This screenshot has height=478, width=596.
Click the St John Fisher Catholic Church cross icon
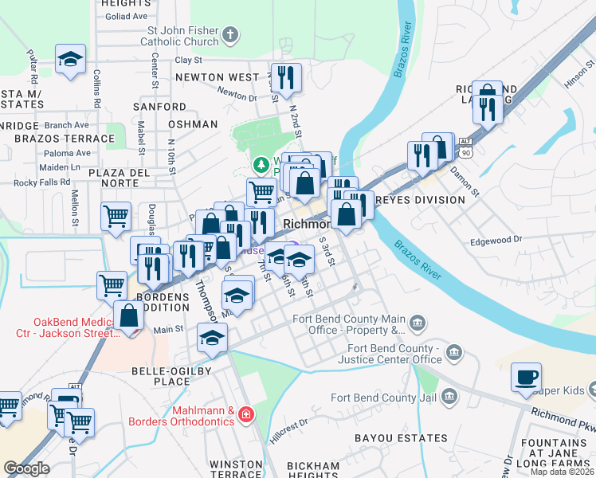point(230,35)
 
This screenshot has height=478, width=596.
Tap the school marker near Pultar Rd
point(70,59)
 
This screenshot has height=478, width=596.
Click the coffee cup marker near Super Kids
point(526,378)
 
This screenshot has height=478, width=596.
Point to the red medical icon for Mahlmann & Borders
point(247,414)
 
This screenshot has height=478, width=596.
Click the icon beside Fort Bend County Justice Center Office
point(453,352)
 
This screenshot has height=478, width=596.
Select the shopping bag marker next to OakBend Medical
point(128,315)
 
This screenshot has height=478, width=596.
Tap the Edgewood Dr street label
point(495,239)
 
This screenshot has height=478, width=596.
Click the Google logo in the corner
point(26,468)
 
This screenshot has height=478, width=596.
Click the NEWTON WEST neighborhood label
point(218,77)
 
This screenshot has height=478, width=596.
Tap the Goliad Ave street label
point(127,16)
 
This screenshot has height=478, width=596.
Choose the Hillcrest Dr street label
point(288,431)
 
